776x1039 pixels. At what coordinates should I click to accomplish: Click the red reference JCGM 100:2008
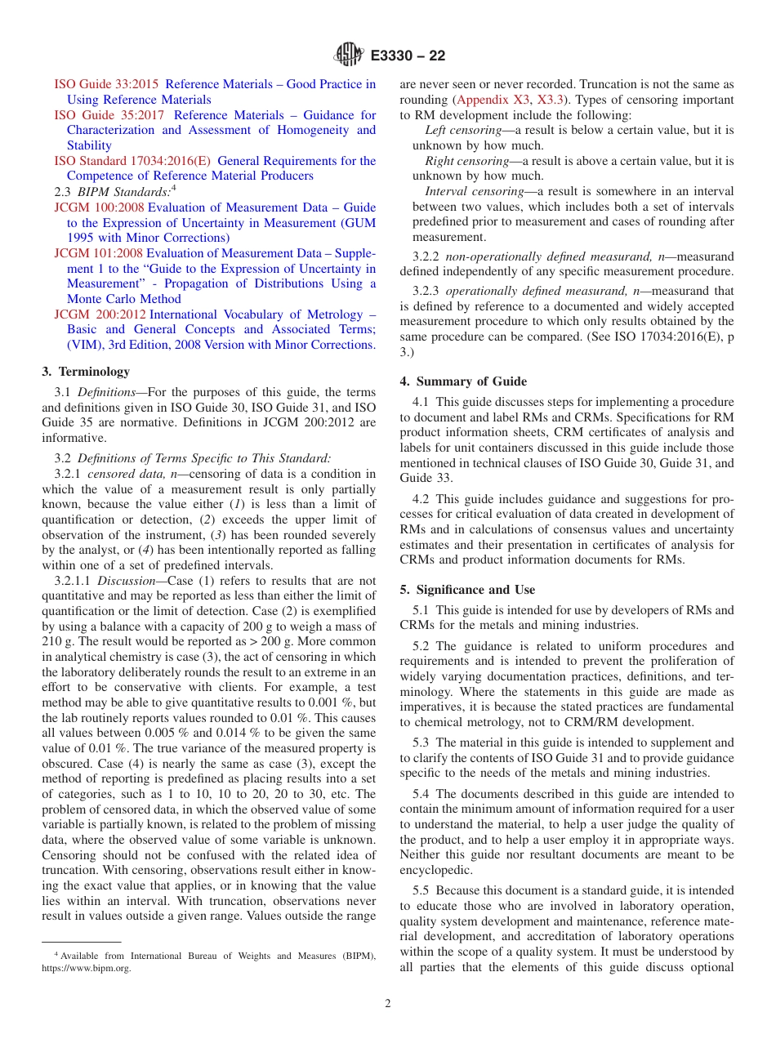pos(99,207)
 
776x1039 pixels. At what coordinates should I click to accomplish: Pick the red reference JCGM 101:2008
pos(98,253)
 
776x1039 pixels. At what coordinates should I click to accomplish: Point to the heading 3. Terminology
pos(86,372)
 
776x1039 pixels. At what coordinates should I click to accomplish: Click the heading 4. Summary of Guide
pos(463,381)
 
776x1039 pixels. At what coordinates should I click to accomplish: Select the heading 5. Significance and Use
pos(467,590)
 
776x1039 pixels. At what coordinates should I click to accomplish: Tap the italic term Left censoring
pos(463,131)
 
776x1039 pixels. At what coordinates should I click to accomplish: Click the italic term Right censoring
pos(466,161)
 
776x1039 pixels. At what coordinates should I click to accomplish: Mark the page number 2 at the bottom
pos(388,1003)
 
